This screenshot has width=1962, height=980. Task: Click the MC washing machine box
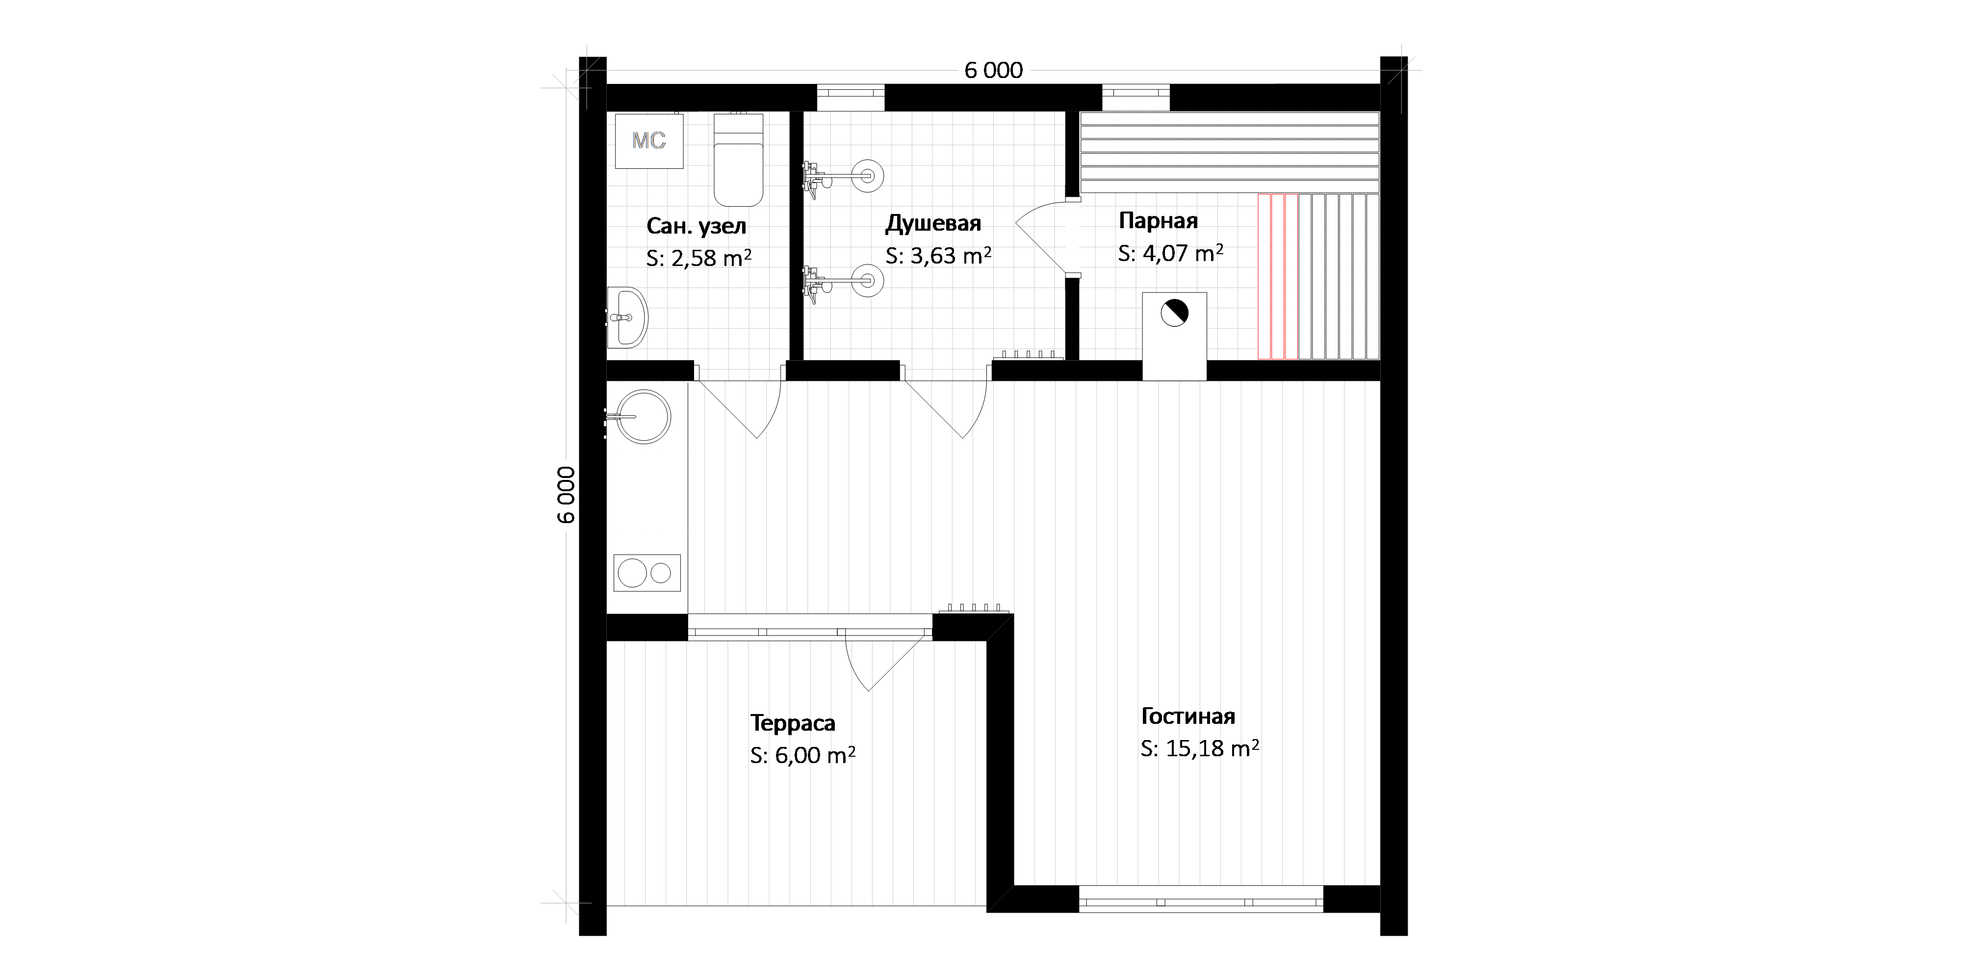(x=649, y=141)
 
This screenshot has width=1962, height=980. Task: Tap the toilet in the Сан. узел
(x=738, y=159)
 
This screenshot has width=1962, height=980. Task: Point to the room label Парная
(x=1158, y=221)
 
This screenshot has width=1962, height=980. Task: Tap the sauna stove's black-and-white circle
(x=1174, y=313)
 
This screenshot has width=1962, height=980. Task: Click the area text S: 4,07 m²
(x=1171, y=253)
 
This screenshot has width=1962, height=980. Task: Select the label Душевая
(x=933, y=223)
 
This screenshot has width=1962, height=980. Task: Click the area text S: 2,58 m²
(x=698, y=258)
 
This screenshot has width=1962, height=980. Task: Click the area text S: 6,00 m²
(x=803, y=755)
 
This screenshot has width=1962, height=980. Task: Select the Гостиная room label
(x=1188, y=716)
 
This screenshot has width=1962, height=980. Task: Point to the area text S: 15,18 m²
(x=1200, y=748)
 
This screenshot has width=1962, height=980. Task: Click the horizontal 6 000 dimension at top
(x=993, y=71)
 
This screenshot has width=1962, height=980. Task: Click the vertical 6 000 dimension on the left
(x=567, y=495)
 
